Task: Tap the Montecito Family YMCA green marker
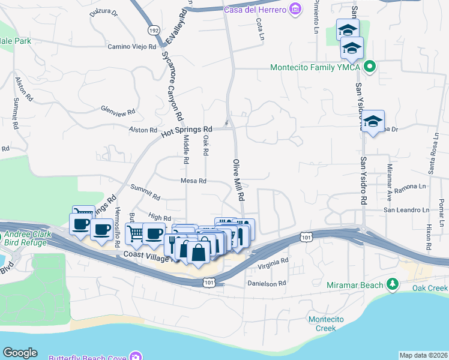[370, 67]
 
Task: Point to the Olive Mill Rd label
[239, 180]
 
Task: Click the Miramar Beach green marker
[393, 284]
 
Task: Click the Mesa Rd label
[193, 181]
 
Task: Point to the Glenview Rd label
[118, 111]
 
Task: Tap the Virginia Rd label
[274, 262]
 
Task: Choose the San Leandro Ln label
[406, 210]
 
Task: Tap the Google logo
[20, 353]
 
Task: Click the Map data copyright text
[423, 355]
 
